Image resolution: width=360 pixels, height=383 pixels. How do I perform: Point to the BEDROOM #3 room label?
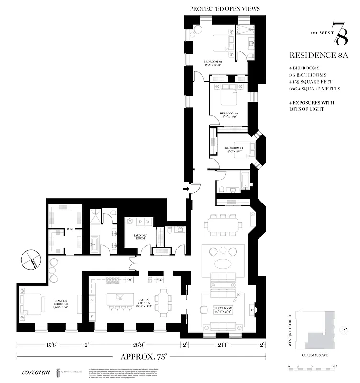(x=229, y=114)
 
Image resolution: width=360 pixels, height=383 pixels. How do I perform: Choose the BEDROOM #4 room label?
(x=235, y=149)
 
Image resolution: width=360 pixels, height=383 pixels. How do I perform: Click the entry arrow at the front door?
(x=186, y=190)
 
